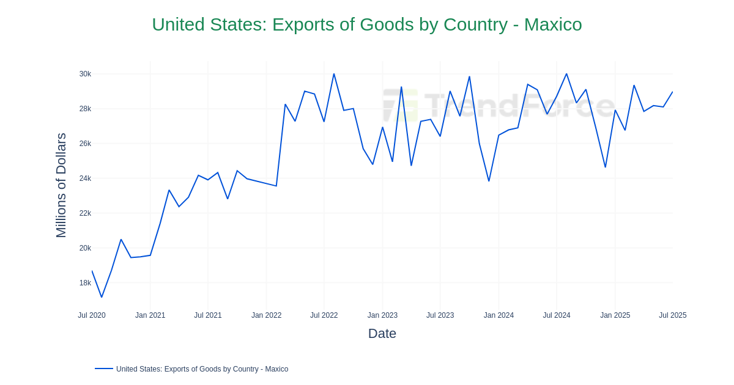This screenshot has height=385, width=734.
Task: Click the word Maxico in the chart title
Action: click(553, 24)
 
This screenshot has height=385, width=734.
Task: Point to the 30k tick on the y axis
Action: click(85, 74)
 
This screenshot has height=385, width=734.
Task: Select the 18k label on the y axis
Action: click(85, 283)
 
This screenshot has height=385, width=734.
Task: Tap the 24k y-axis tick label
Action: click(85, 178)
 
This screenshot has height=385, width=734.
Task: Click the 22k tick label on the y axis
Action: click(85, 213)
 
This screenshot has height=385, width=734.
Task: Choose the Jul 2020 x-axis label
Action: click(92, 315)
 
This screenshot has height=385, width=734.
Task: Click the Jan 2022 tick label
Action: click(266, 315)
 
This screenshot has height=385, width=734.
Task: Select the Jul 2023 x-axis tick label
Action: click(440, 315)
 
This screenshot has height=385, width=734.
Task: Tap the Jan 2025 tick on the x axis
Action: click(615, 315)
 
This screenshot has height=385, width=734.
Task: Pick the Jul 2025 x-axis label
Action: click(672, 315)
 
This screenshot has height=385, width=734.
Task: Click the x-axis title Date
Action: click(382, 334)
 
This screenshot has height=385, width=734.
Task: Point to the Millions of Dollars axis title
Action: click(61, 185)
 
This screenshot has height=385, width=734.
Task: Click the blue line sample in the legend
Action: click(104, 369)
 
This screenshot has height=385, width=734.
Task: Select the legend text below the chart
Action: click(202, 369)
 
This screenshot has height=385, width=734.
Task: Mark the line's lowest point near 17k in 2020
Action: click(102, 297)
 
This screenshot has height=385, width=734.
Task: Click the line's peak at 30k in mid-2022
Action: click(334, 74)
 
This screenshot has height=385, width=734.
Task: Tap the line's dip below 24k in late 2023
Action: click(489, 181)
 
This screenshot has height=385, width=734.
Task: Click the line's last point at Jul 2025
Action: click(672, 92)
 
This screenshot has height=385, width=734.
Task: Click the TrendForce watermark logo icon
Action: click(400, 105)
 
